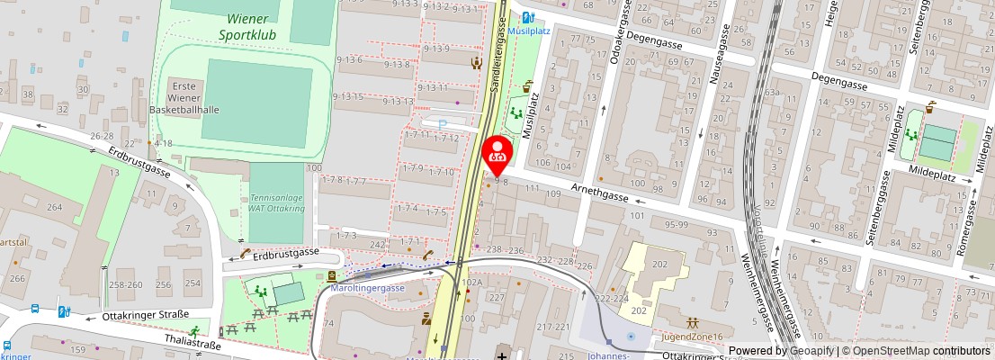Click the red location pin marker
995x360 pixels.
click(x=497, y=154)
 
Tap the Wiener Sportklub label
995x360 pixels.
click(x=247, y=27)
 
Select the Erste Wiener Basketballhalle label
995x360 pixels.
click(x=184, y=97)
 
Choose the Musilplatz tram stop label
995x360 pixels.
click(x=529, y=30)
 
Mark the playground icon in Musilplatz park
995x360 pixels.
click(x=516, y=114)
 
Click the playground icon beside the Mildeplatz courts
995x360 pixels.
click(x=912, y=135)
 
